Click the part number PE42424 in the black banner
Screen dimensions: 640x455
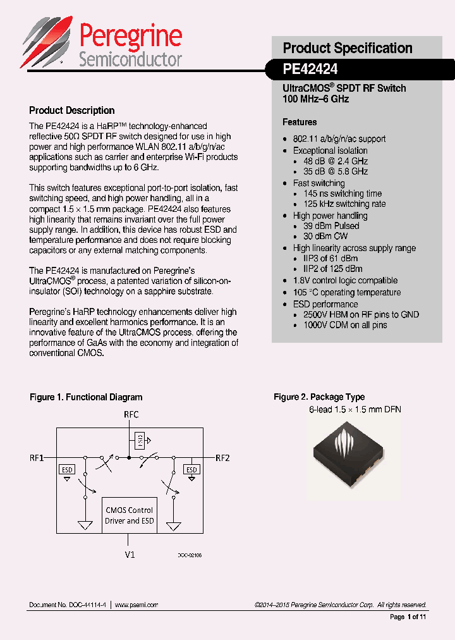coord(310,68)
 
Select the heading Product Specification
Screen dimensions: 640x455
coord(348,48)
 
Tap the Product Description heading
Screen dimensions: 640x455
coord(72,111)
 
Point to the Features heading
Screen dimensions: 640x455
coord(300,122)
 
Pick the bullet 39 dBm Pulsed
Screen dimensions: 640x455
coord(331,226)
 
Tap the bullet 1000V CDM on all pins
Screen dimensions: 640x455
coord(345,325)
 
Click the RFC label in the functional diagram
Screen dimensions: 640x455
coord(131,415)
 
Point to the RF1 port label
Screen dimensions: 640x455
coord(37,457)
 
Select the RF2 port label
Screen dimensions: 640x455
coord(223,457)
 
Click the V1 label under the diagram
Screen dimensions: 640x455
coord(130,555)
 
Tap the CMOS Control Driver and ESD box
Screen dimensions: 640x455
coord(130,515)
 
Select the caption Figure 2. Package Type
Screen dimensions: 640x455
coord(319,397)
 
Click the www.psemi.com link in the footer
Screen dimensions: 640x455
coord(136,605)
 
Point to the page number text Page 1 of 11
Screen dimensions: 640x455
coord(408,617)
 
